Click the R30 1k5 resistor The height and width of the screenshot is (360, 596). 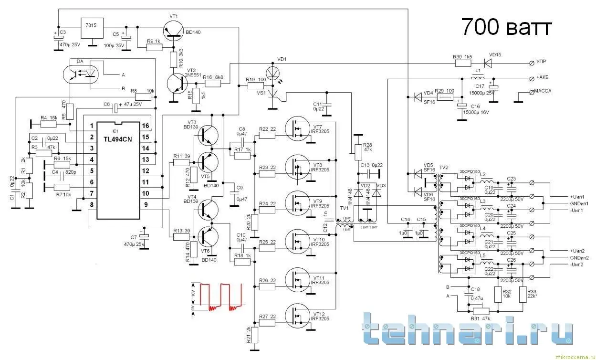[x=461, y=62]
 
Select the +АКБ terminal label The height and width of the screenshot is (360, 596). [x=544, y=78]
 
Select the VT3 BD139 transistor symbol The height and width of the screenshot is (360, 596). [x=208, y=136]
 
